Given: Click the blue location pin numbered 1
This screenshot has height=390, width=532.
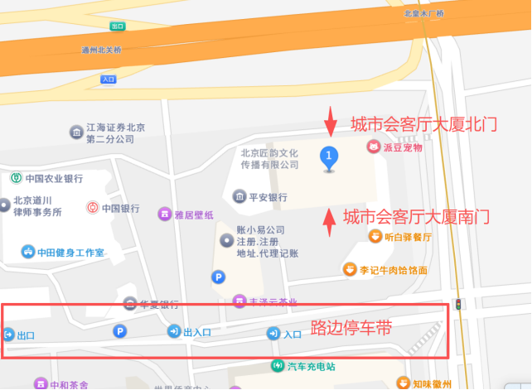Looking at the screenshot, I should (x=330, y=156).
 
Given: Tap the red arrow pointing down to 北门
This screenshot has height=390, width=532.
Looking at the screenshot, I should (x=331, y=121).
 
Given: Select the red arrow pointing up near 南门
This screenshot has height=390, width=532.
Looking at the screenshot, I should (x=329, y=220).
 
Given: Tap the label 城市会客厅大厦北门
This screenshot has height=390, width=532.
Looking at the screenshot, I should (x=423, y=124).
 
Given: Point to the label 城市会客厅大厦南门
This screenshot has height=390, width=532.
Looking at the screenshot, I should (x=416, y=217).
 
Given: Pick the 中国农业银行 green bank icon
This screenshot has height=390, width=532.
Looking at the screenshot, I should (x=16, y=178).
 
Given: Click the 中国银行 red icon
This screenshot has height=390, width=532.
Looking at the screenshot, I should (x=92, y=207).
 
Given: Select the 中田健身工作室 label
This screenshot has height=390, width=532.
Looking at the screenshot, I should (x=70, y=252).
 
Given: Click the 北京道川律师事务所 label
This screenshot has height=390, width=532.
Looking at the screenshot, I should (x=38, y=206).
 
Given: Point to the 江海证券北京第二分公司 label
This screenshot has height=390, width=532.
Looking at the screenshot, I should (x=115, y=133).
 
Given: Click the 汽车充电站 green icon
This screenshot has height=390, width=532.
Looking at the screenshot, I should (x=278, y=366).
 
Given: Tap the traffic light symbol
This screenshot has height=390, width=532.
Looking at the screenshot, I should (x=457, y=304).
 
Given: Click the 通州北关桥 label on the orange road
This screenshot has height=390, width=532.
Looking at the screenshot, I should (x=101, y=51).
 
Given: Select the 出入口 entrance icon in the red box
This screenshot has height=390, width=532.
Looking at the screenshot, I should (x=174, y=331).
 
